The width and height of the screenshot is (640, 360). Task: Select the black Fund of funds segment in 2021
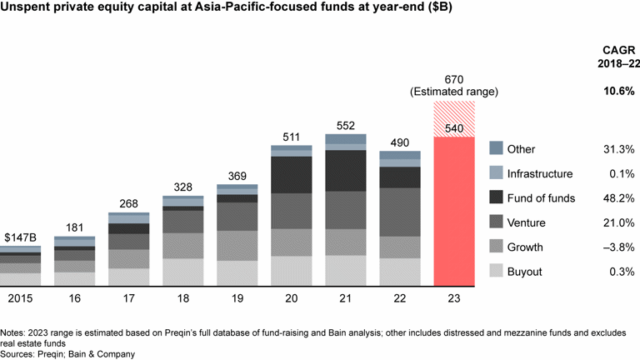[346, 170]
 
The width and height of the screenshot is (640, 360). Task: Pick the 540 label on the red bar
[454, 128]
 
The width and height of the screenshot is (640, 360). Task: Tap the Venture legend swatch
[496, 222]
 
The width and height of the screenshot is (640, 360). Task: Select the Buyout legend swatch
[496, 271]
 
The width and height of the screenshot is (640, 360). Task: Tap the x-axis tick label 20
[292, 297]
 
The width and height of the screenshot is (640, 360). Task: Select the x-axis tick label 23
[454, 297]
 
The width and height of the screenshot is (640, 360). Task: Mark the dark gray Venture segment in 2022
[400, 212]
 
